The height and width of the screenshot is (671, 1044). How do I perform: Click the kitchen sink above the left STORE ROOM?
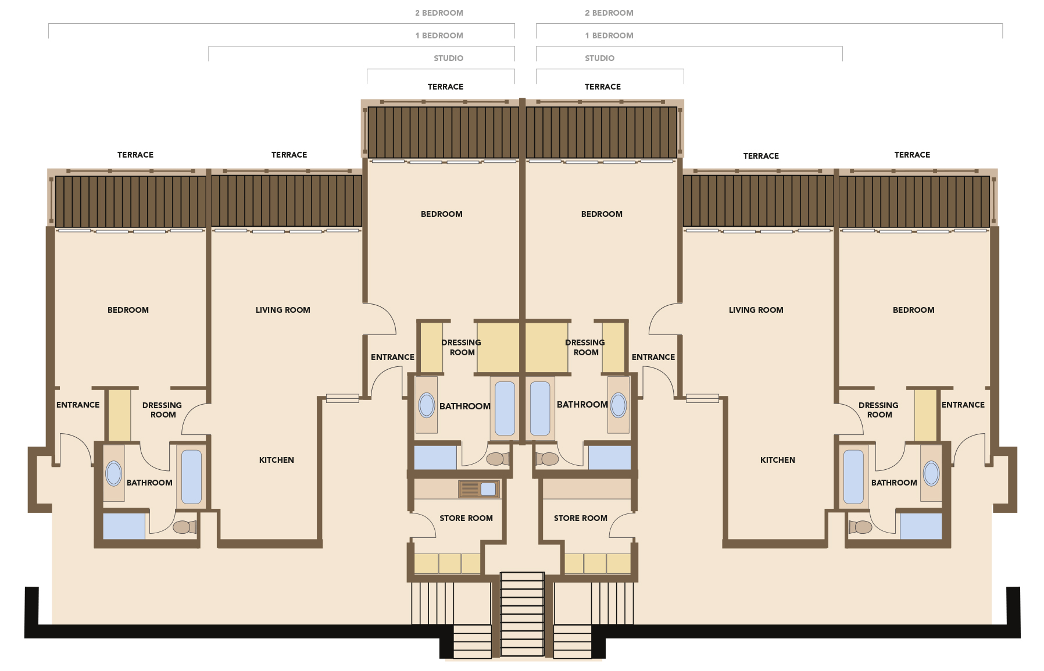(x=479, y=489)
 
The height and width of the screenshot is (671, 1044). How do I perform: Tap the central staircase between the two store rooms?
(x=522, y=615)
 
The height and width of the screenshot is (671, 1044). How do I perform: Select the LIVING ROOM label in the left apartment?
(x=283, y=310)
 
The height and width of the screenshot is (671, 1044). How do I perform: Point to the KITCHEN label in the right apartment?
(x=778, y=460)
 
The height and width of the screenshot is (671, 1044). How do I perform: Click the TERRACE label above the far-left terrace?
(x=135, y=155)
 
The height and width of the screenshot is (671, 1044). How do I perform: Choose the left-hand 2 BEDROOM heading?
(x=439, y=13)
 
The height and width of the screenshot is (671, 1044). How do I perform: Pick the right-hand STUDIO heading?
(x=599, y=58)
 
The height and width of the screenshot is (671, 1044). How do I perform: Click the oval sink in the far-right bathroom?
(x=931, y=473)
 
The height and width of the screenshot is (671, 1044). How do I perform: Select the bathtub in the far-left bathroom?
(x=191, y=477)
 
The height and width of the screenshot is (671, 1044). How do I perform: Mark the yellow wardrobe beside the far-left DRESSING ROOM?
(x=120, y=415)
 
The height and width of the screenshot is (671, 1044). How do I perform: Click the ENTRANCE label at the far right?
(x=963, y=405)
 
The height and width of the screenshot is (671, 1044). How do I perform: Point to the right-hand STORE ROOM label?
(x=580, y=518)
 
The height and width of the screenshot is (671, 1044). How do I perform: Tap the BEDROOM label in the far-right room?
(x=914, y=310)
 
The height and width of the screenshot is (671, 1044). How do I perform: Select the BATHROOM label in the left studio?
(x=465, y=406)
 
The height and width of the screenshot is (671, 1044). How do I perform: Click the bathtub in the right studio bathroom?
(x=540, y=408)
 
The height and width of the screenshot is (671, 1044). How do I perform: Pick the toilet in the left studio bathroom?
(x=498, y=459)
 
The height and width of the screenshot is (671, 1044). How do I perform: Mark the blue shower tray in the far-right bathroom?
(x=921, y=526)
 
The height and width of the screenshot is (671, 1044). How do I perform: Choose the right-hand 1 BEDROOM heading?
(x=609, y=35)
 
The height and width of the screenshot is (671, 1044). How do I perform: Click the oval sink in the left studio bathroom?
(x=427, y=405)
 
